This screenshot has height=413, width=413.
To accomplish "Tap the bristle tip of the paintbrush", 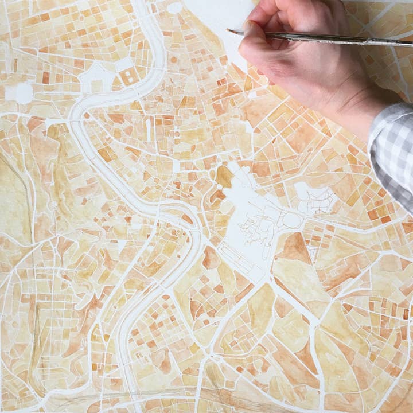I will click(230, 31).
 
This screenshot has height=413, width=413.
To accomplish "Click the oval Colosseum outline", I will click(291, 220).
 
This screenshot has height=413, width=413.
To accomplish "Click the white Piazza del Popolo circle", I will click(174, 7).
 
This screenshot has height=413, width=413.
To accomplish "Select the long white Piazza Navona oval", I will click(148, 130).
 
